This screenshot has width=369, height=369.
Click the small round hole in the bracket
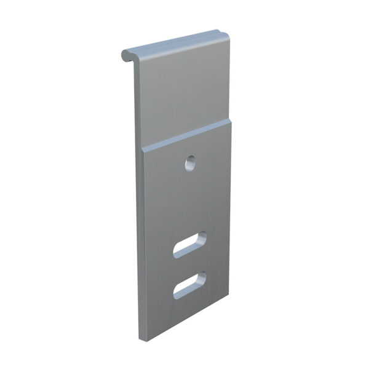point(191,163)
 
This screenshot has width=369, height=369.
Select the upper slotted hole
point(189,244)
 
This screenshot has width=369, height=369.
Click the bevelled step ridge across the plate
point(188,135)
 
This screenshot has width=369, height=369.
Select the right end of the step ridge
point(231,121)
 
